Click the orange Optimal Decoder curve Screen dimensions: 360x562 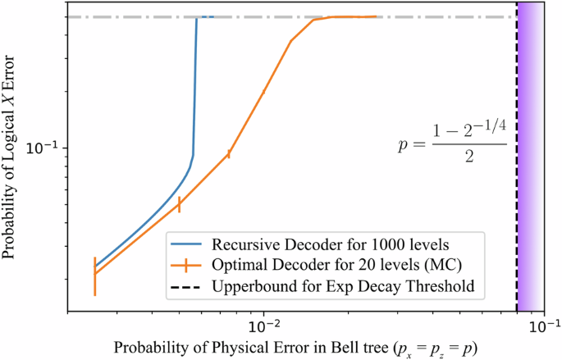click(x=246, y=123)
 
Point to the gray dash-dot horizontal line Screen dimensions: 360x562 click(x=369, y=16)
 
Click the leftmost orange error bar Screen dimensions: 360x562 click(x=95, y=276)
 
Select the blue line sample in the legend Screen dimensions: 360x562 click(x=187, y=245)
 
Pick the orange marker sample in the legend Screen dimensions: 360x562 click(x=187, y=265)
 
